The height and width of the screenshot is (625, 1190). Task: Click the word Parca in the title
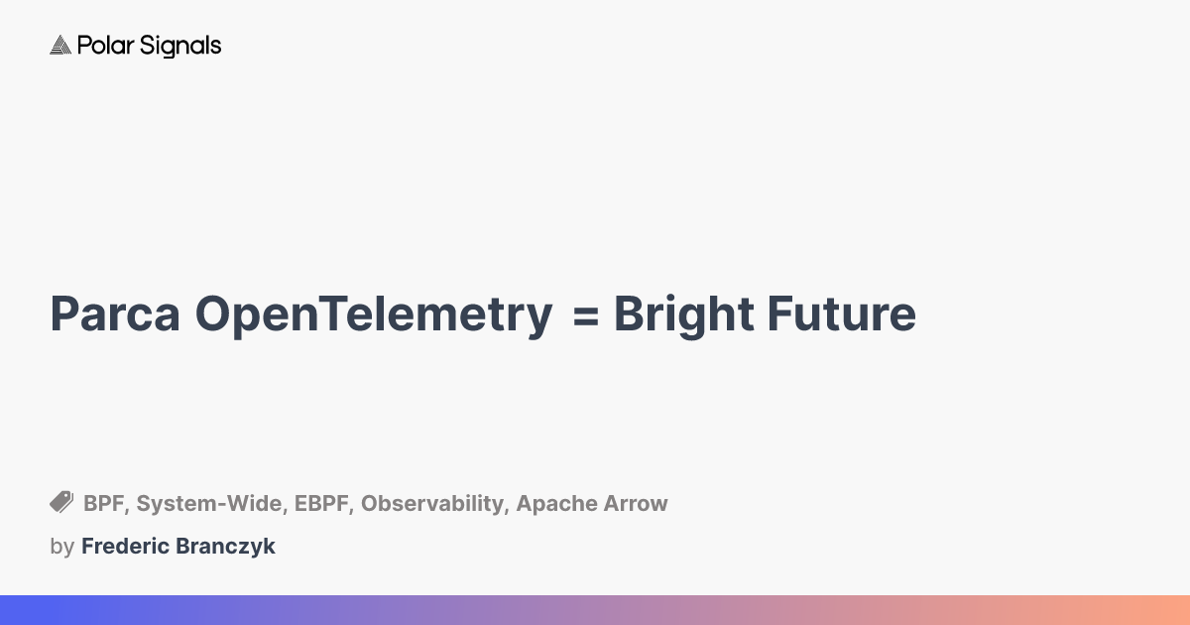coord(115,314)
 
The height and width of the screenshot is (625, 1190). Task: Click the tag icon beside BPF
coord(61,502)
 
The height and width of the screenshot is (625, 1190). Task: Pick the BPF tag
coord(104,504)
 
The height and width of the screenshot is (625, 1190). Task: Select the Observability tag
coord(433,505)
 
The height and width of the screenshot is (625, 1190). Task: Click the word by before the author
coord(61,547)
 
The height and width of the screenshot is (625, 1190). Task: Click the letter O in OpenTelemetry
coord(215,314)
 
